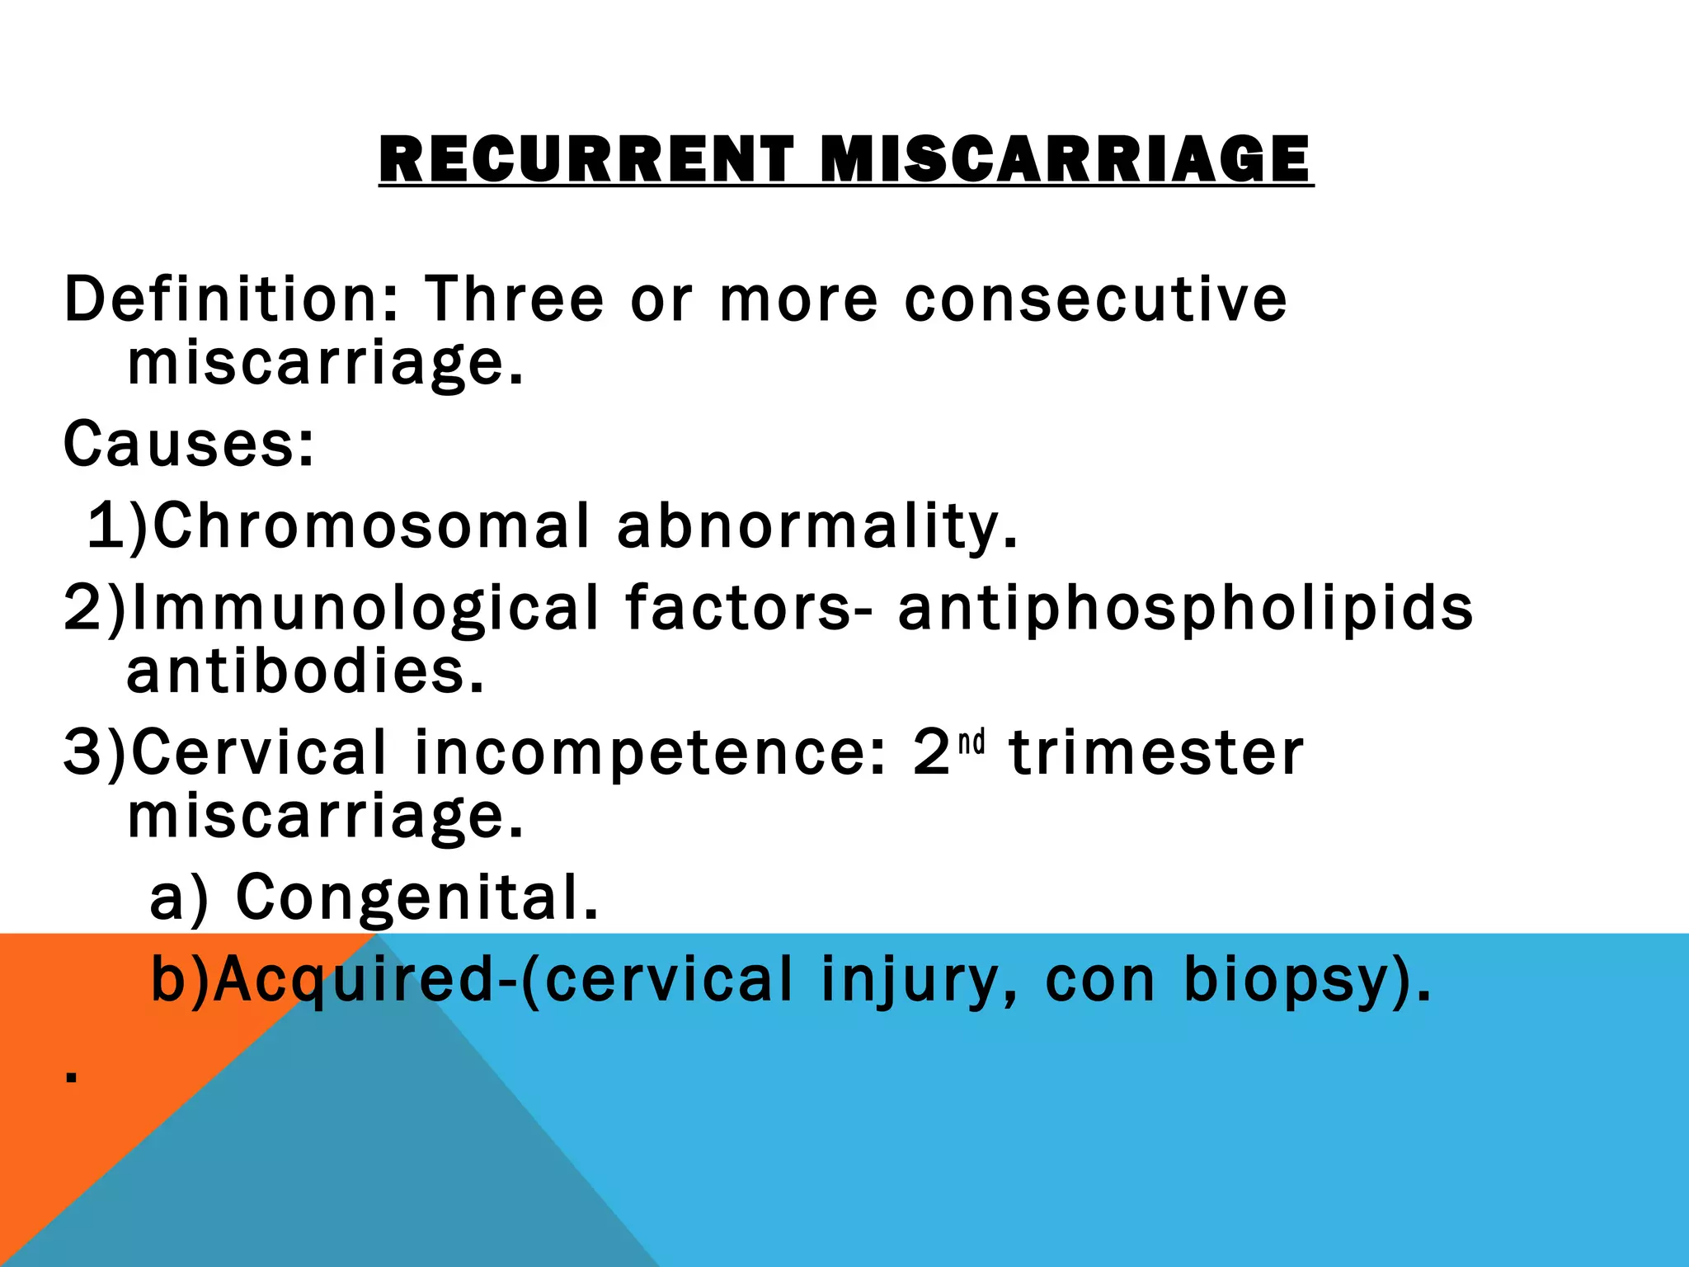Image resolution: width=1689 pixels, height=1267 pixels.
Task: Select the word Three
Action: pyautogui.click(x=515, y=299)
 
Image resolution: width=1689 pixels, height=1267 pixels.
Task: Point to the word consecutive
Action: pyautogui.click(x=1095, y=299)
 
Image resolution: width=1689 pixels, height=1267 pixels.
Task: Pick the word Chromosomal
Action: pyautogui.click(x=372, y=525)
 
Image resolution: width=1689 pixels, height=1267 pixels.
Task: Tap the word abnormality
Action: pyautogui.click(x=817, y=525)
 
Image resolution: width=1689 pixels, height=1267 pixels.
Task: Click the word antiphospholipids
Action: pyautogui.click(x=1184, y=608)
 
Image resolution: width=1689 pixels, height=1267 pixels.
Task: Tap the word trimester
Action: pyautogui.click(x=1156, y=753)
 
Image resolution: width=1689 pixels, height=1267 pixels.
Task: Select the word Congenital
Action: pyautogui.click(x=416, y=897)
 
